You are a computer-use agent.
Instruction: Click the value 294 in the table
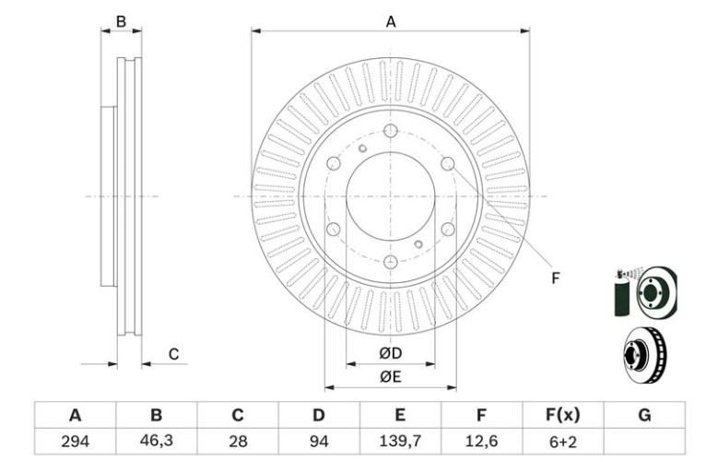[x=75, y=442]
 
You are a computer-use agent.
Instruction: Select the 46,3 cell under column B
[x=156, y=441]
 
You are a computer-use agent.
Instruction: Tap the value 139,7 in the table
[x=400, y=441]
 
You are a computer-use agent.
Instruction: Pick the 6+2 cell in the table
[x=562, y=442]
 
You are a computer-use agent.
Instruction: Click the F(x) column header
[x=562, y=415]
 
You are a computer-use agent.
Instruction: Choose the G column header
[x=644, y=415]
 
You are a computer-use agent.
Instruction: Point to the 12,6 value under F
[x=481, y=441]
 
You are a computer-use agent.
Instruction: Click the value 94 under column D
[x=319, y=442]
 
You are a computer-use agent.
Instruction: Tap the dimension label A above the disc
[x=390, y=21]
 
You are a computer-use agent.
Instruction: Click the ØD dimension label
[x=390, y=353]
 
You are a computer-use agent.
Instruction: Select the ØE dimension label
[x=390, y=376]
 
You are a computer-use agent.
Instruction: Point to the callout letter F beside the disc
[x=556, y=278]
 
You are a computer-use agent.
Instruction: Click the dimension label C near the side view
[x=173, y=354]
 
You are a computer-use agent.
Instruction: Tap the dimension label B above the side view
[x=121, y=21]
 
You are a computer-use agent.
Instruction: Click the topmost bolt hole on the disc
[x=390, y=131]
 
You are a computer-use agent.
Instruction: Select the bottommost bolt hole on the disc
[x=390, y=263]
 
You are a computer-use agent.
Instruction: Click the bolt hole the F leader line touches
[x=447, y=163]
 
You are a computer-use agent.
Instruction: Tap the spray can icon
[x=622, y=293]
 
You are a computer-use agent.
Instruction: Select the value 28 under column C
[x=238, y=442]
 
